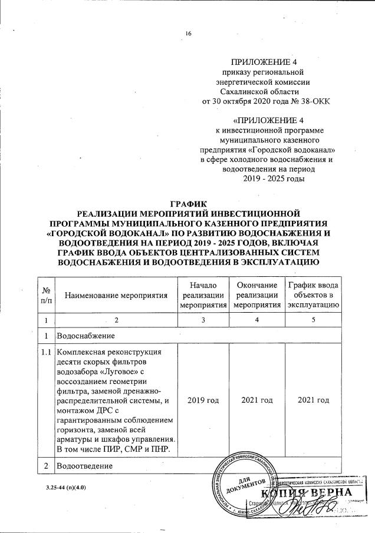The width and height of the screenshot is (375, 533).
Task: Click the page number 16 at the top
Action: coord(189,34)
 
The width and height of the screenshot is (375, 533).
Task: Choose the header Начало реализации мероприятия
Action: coord(203,294)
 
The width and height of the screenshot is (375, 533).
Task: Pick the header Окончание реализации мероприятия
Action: coord(256,294)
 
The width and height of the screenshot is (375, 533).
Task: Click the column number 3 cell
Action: coord(203,320)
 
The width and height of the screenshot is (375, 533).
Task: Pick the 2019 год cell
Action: coord(203,400)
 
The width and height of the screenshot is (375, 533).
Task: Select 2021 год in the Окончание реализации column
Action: coord(256,400)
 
